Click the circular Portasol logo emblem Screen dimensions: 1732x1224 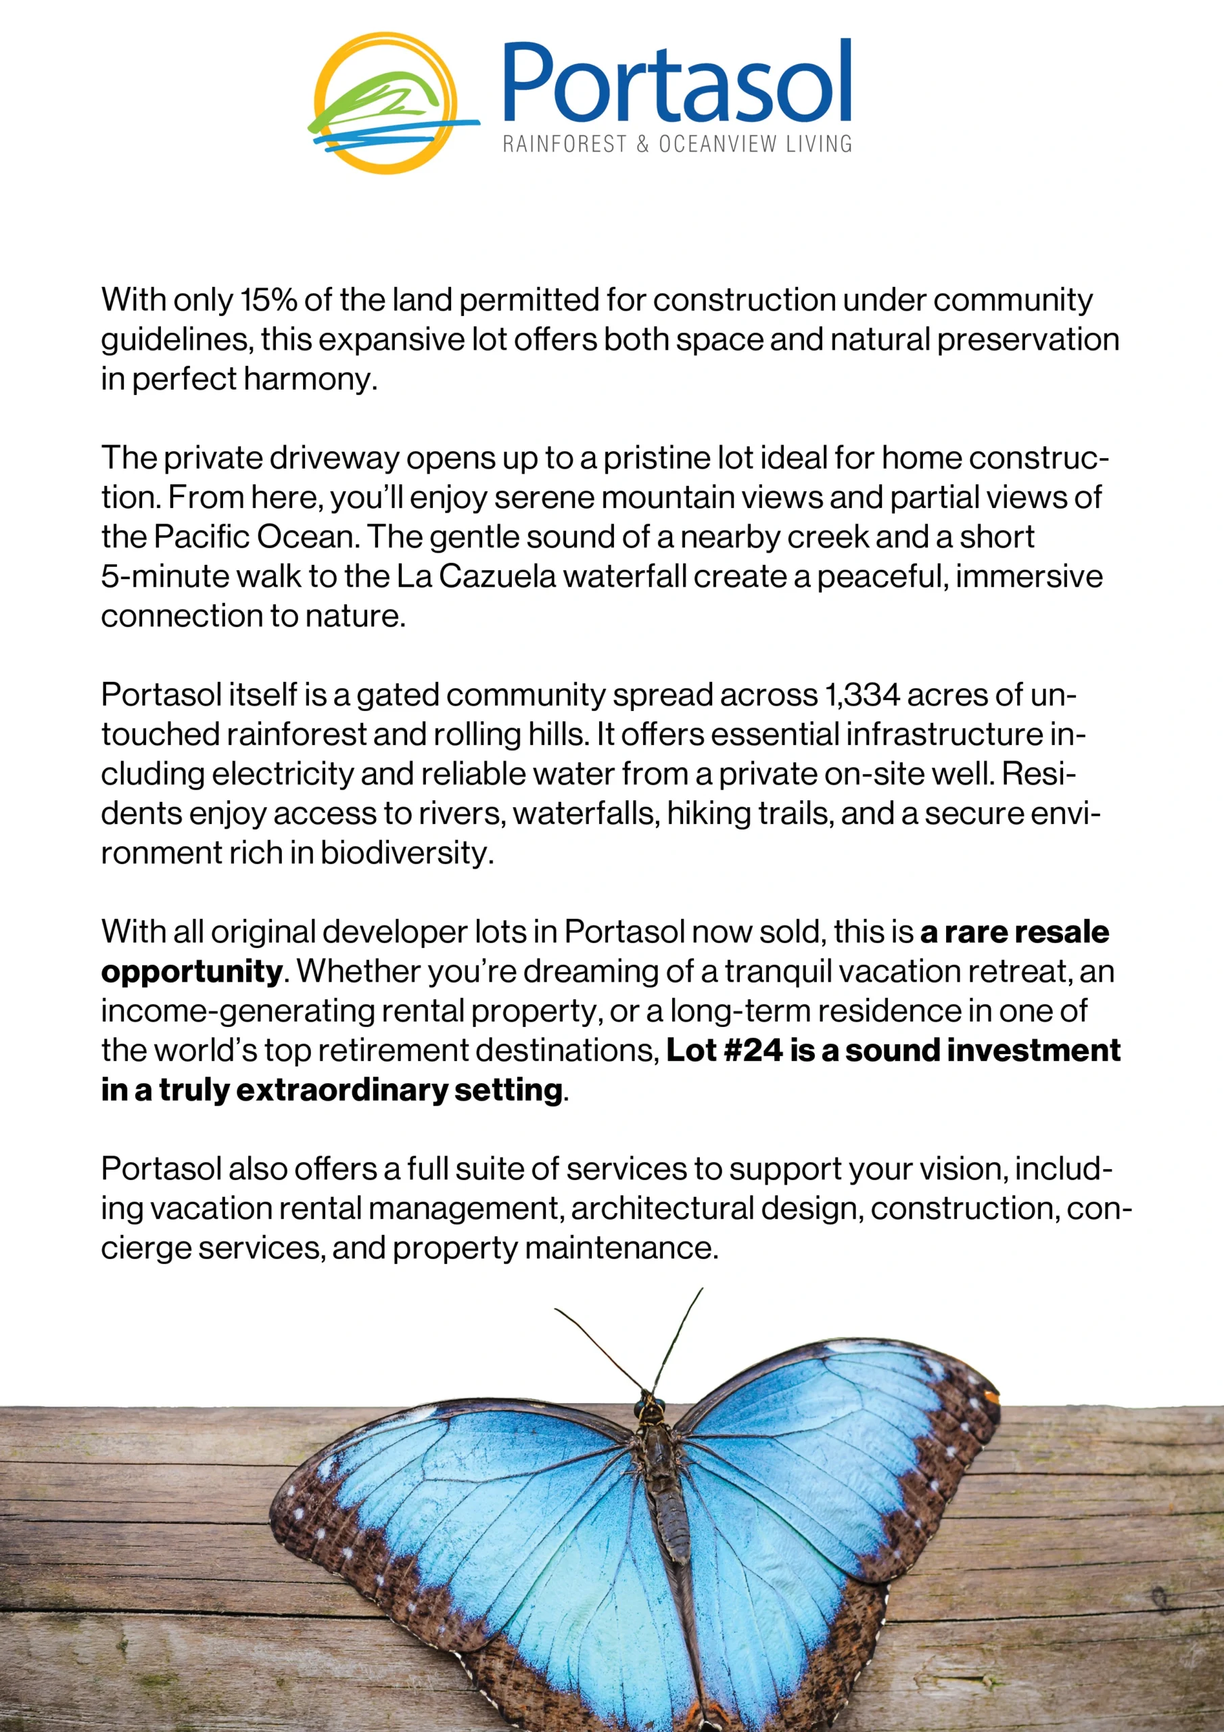386,104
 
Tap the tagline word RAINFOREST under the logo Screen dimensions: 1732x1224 564,144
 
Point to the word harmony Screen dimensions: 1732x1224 309,379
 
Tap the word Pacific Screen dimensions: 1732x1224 201,537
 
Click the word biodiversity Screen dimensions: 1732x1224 406,853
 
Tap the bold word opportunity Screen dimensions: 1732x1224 191,972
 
